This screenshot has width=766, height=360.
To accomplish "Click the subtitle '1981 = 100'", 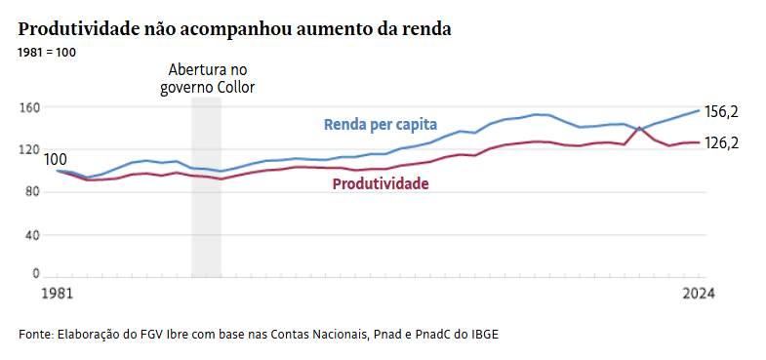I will tap(46, 52).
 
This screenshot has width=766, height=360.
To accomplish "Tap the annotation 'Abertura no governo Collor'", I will tap(207, 79).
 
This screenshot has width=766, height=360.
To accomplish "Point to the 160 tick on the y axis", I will tap(29, 107).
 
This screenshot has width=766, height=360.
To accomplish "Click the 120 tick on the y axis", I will tap(29, 149).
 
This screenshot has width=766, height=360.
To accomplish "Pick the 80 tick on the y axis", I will tap(32, 192).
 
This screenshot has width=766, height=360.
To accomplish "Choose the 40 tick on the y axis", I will tap(32, 234).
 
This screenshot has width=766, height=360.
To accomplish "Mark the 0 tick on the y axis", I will tap(36, 274).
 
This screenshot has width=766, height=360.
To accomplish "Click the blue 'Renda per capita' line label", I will tap(381, 125).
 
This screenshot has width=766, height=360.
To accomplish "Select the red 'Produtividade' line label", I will tap(381, 183).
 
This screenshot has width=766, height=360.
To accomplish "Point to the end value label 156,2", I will tap(721, 112).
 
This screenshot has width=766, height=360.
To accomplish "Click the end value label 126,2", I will tap(721, 142).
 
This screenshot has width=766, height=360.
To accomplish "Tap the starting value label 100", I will tap(56, 159).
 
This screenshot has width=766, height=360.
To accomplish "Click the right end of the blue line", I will tap(700, 110).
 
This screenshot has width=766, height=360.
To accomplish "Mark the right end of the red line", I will tap(700, 142).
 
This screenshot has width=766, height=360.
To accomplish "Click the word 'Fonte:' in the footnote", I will tap(35, 334).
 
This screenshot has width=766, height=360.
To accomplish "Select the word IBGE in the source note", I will tap(485, 334).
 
